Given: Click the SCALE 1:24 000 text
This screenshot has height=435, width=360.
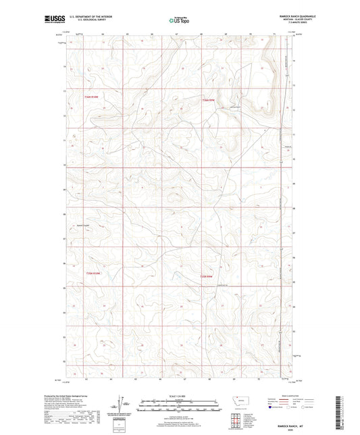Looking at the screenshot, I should tap(179, 396).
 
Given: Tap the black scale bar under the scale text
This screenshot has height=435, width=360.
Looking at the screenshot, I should tap(179, 403).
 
